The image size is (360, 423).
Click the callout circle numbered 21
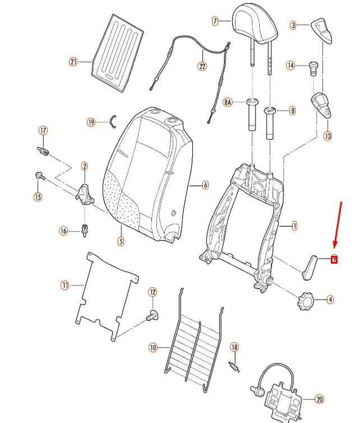click(x=73, y=62)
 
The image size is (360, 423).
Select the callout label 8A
click(x=228, y=102)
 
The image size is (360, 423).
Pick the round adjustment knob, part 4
click(x=307, y=299)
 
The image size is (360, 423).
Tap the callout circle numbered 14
click(x=290, y=66)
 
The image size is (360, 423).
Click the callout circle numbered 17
click(x=43, y=130)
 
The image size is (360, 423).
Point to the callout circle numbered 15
click(x=38, y=196)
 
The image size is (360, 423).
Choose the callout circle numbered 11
click(x=65, y=286)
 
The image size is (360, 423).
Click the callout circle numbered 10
click(x=153, y=348)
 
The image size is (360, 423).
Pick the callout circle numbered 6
click(x=205, y=185)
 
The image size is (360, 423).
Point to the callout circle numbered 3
click(x=293, y=25)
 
